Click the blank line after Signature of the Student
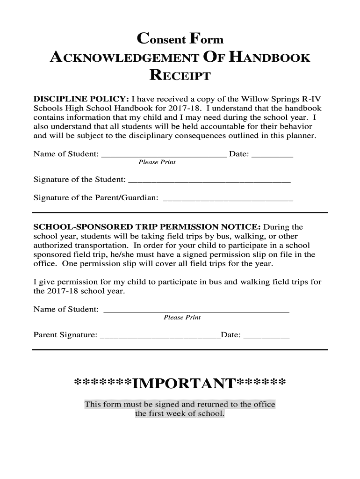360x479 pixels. (x=209, y=180)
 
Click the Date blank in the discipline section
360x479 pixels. (x=272, y=154)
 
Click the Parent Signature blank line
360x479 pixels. (x=160, y=335)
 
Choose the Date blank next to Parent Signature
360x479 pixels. (x=267, y=335)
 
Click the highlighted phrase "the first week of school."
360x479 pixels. (x=180, y=414)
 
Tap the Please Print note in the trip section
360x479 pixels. (x=182, y=318)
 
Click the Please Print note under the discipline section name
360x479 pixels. (x=157, y=162)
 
